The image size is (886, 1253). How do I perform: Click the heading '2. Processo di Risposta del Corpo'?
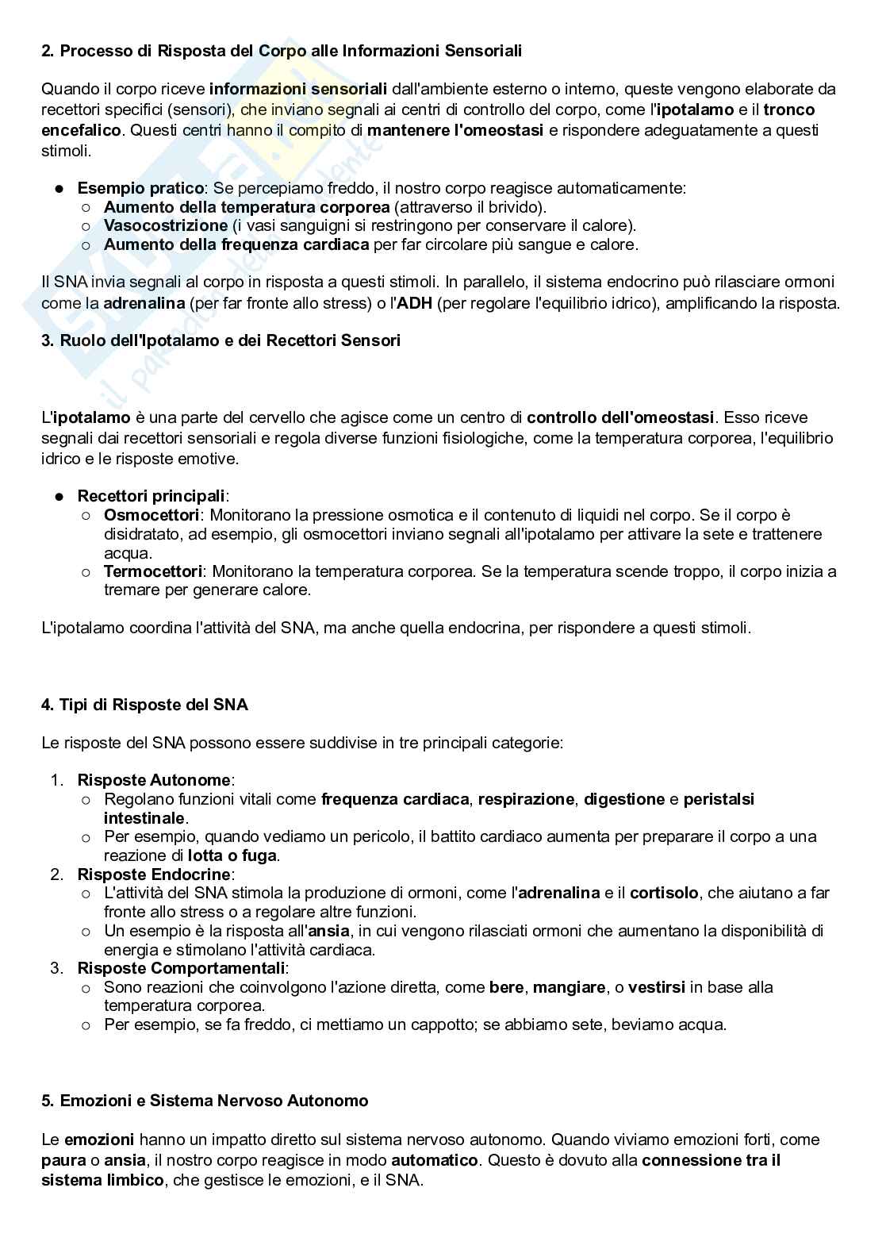coord(282,51)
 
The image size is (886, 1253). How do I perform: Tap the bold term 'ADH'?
coord(415,303)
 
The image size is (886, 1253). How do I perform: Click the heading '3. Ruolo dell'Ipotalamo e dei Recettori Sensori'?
coord(221,340)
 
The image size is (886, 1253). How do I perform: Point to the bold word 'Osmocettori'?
coord(151,516)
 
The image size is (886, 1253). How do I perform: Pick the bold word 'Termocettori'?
coord(153,572)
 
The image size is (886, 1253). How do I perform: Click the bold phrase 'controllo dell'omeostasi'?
coord(620,417)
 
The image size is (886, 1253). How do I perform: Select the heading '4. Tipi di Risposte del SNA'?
coord(144,705)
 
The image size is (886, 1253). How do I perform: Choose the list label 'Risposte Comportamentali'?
coord(181,968)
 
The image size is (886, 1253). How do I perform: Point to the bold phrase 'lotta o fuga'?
coord(232,855)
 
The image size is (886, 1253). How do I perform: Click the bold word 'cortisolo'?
coord(663,893)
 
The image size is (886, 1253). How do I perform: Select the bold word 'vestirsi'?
coord(656,987)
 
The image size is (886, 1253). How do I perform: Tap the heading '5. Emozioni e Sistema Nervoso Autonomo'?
coord(205,1101)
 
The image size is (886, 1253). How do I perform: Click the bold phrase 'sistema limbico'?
coord(102,1180)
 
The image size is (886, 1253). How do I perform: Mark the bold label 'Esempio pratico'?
coord(140,188)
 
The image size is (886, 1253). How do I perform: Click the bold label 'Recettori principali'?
coord(151,496)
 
